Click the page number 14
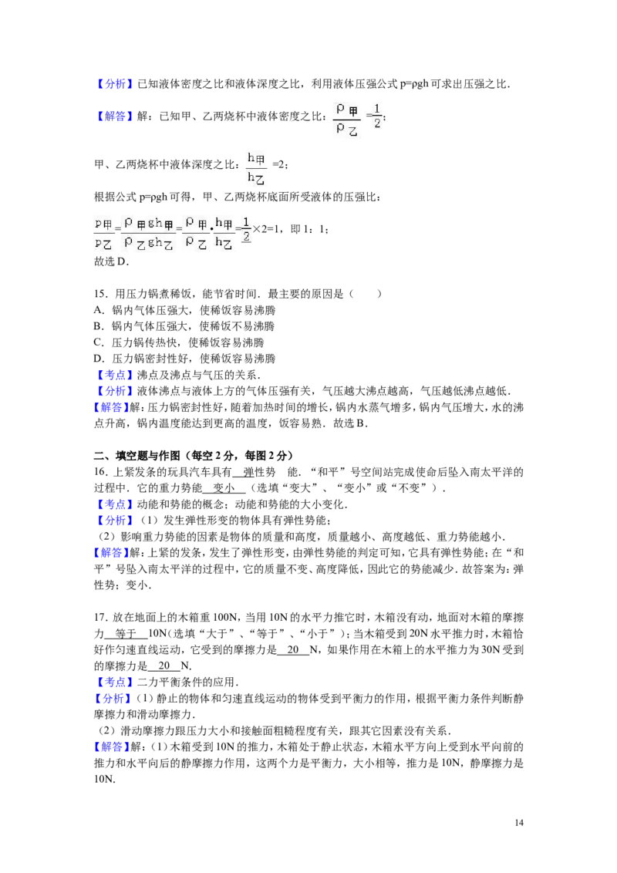519,822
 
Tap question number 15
100,294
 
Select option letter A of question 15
99,310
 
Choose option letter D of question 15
99,359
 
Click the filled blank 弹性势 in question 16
260,472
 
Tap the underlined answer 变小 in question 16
224,488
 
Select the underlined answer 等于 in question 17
126,634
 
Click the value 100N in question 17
225,618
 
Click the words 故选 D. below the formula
111,261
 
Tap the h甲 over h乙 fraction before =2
256,168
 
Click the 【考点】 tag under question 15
113,375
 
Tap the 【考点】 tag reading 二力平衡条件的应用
113,682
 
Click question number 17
100,618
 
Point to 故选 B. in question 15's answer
350,423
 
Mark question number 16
100,472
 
